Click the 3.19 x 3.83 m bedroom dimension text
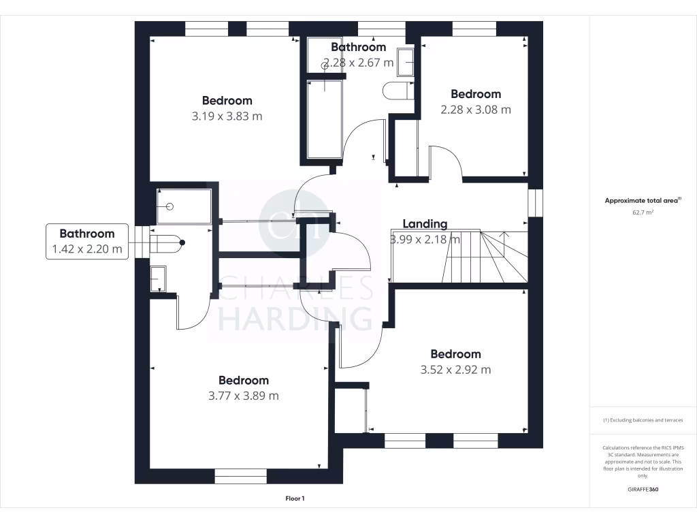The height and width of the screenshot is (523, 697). coord(227,116)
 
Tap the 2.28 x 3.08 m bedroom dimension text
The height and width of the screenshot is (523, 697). coord(476,110)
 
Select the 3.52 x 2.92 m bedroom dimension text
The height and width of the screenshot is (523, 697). coord(455,370)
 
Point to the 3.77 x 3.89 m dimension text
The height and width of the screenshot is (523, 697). coord(243,396)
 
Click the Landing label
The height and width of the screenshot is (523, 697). coord(425,223)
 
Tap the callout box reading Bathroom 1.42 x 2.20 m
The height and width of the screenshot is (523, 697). coord(86,241)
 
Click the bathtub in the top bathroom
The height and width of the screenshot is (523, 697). coord(325,119)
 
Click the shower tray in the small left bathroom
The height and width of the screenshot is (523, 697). coord(183,206)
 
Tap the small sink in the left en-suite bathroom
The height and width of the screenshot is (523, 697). coord(157,279)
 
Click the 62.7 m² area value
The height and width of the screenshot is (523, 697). coord(643,212)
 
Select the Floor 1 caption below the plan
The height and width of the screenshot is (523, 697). coord(295,499)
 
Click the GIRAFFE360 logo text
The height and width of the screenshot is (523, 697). coord(643,489)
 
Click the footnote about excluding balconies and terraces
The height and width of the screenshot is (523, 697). coord(643,420)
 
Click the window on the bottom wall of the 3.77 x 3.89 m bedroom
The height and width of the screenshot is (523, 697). coord(241,476)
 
